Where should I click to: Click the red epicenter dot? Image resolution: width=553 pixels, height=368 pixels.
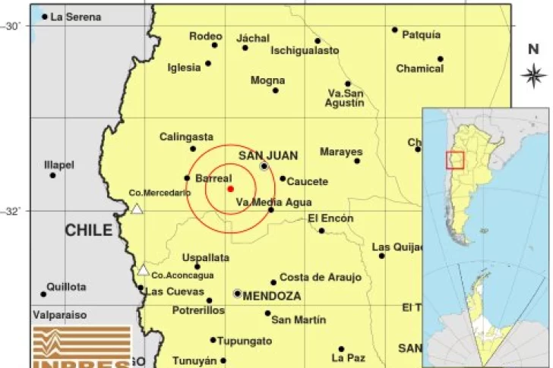pos(230,189)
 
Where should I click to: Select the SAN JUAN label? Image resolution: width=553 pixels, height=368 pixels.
pos(263,155)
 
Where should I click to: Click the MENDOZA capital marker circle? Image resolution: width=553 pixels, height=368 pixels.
pos(238,293)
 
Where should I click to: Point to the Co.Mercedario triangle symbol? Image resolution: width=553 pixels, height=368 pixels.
pos(137,209)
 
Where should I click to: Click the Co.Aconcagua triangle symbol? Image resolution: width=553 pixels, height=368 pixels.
pos(143,269)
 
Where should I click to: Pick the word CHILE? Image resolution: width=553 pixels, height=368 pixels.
pos(88,231)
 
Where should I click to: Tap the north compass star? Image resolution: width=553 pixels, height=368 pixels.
pos(534,74)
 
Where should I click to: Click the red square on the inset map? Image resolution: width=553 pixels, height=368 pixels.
pos(454,160)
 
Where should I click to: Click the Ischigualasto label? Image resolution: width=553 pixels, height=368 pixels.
pos(305,51)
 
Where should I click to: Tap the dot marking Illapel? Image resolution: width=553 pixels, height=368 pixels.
pos(52,175)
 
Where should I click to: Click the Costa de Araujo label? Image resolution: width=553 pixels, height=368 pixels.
pos(321,278)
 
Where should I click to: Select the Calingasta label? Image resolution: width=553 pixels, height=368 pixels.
pos(186,137)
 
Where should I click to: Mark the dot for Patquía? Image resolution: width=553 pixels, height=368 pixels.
pos(395,30)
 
